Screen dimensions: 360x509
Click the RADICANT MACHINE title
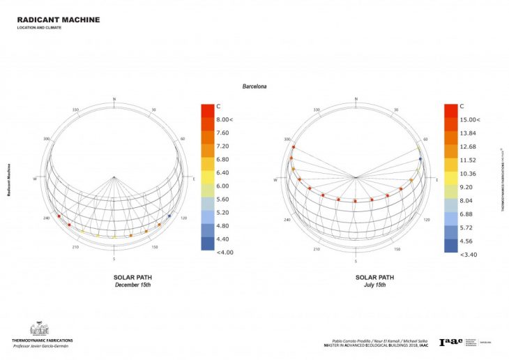tap(58, 20)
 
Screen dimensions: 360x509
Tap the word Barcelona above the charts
tap(254, 87)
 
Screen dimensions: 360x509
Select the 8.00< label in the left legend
tap(225, 120)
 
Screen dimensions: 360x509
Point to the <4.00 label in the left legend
tap(224, 252)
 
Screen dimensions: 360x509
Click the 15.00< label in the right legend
tap(471, 120)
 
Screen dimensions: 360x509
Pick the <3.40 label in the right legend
tap(469, 255)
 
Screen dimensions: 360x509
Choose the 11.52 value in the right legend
tap(469, 160)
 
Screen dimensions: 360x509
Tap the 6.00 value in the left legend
tap(222, 186)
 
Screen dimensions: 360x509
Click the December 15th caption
tap(132, 285)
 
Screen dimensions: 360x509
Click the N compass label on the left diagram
tap(114, 99)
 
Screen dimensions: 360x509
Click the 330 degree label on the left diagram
tap(75, 110)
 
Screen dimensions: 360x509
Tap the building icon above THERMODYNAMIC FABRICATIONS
tap(38, 329)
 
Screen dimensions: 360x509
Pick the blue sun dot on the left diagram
tap(169, 216)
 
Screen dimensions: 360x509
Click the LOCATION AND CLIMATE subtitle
tap(39, 29)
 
